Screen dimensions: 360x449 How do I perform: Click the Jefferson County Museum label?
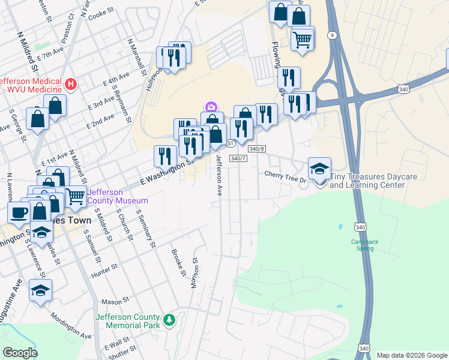(x=118, y=196)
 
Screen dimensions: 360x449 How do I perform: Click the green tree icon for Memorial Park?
(x=170, y=319)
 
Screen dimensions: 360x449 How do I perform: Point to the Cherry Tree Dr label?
(x=286, y=174)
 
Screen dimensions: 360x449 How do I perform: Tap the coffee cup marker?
(x=19, y=211)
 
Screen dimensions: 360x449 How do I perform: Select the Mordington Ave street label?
(x=70, y=325)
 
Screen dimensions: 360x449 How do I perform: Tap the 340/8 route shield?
(x=256, y=148)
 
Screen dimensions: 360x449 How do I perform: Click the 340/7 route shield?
(x=238, y=158)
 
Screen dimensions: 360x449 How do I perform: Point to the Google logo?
(x=20, y=353)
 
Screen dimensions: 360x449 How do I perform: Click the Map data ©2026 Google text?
(x=411, y=355)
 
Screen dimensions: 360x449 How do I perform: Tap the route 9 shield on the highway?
(x=332, y=36)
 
